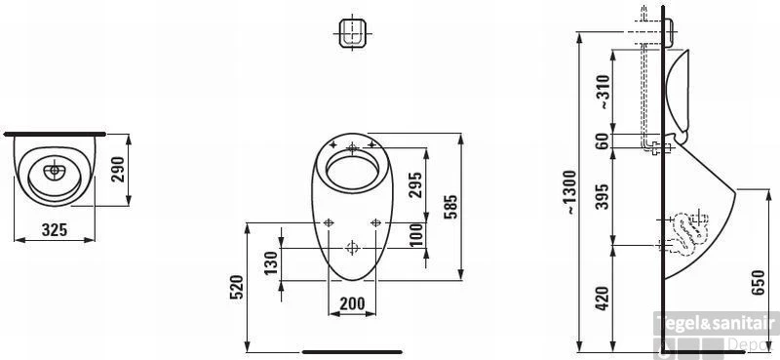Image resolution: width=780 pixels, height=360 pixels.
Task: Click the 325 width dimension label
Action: [x=55, y=230]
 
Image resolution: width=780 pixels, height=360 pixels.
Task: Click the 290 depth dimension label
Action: [x=118, y=170]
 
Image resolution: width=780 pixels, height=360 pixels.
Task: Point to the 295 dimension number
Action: [x=415, y=184]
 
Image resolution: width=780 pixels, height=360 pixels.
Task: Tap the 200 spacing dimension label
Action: [x=352, y=302]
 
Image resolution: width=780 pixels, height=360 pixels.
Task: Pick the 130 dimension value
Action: [x=270, y=263]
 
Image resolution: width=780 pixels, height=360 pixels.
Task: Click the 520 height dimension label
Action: [x=236, y=287]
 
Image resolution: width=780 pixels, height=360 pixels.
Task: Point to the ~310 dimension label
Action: [x=603, y=92]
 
